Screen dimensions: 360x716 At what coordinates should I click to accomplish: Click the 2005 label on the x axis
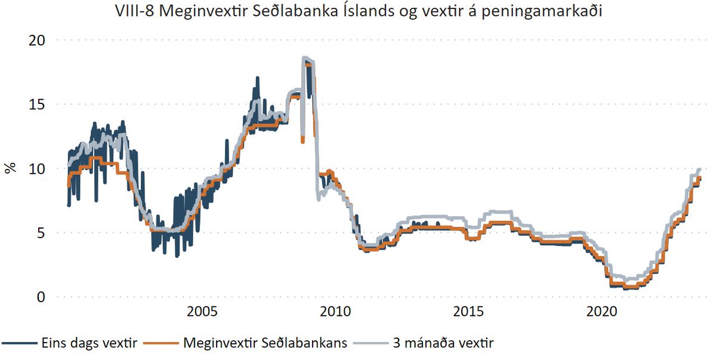coord(201,312)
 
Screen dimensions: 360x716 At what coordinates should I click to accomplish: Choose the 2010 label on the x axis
coord(335,312)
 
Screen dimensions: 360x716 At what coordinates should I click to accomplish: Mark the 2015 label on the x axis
coord(468,312)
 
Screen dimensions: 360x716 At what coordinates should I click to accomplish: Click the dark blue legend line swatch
coord(19,343)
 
